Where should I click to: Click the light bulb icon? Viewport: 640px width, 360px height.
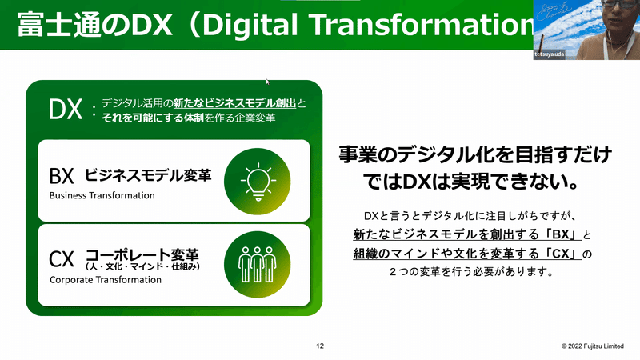[258, 182]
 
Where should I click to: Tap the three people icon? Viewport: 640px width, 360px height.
[257, 264]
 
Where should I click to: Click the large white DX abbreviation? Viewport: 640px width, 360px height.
[66, 110]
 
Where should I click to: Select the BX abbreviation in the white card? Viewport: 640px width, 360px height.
[62, 176]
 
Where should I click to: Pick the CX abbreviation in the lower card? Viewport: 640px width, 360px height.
[62, 258]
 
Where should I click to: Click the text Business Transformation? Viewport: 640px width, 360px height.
[102, 195]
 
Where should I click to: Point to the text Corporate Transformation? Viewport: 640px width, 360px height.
[106, 280]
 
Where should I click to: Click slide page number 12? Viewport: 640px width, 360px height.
[320, 346]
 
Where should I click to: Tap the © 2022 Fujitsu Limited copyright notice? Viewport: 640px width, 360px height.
[593, 346]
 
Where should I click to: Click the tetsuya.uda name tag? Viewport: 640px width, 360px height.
[550, 54]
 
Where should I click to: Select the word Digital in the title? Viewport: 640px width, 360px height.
[250, 25]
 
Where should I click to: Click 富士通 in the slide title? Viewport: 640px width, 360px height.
[59, 25]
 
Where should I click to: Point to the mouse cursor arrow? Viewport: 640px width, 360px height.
[268, 82]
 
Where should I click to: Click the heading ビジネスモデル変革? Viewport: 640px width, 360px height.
[148, 175]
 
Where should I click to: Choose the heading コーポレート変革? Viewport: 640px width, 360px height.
[142, 254]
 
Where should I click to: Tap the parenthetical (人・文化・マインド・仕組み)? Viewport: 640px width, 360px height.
[143, 266]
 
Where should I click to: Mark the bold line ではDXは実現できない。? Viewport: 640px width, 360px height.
[471, 182]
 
